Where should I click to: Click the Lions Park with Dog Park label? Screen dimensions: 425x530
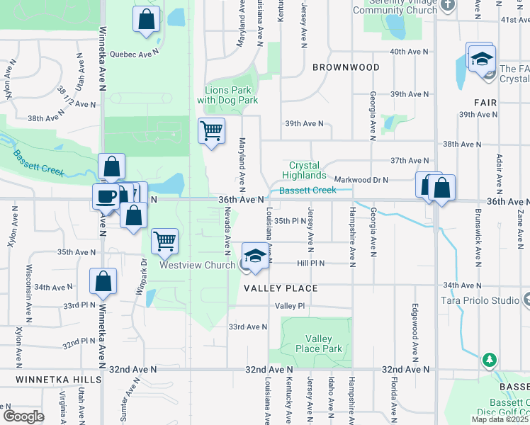pos(227,95)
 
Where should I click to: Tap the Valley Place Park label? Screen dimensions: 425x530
pos(323,344)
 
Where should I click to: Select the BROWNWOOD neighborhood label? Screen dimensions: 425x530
pos(345,67)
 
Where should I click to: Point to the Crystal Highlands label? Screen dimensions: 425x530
pos(304,170)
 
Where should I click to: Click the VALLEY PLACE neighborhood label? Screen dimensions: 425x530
pos(281,288)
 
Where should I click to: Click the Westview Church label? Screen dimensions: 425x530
pos(197,265)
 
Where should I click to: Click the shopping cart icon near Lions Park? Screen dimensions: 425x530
pos(211,131)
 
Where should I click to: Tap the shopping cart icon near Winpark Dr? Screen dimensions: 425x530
pos(164,241)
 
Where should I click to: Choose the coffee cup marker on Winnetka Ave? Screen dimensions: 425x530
pos(106,196)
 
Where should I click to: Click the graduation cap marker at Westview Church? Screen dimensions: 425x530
pos(256,256)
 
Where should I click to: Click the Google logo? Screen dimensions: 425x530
pos(24,416)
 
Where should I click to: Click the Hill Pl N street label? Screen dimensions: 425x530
pos(310,263)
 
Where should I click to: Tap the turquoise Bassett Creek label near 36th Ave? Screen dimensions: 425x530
pos(308,190)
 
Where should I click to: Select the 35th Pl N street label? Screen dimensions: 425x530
pos(291,221)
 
